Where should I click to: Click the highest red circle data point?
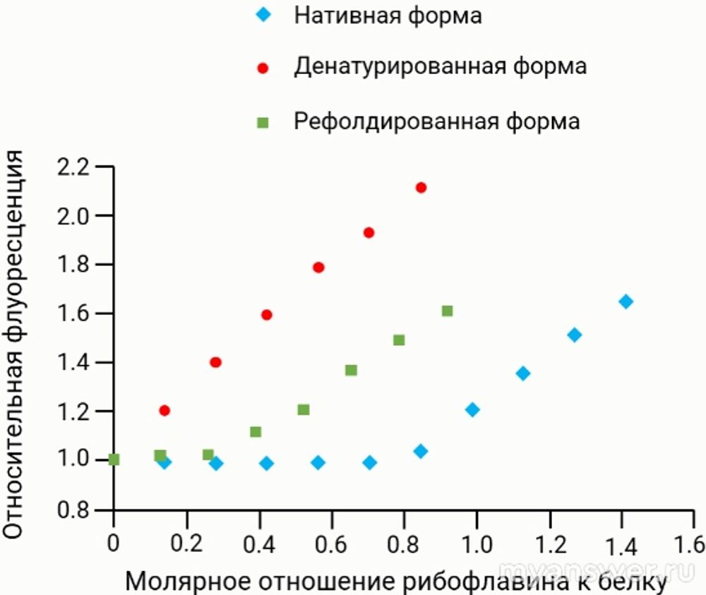click(x=421, y=188)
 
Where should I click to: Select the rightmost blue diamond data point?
click(x=626, y=302)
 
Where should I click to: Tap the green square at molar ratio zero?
click(x=114, y=459)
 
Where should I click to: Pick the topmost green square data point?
click(x=447, y=311)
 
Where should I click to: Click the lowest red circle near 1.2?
click(x=164, y=411)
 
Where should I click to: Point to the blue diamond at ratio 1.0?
click(x=472, y=409)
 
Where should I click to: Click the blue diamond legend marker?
click(x=263, y=15)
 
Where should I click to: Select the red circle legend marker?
click(x=263, y=68)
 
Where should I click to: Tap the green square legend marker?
click(x=263, y=122)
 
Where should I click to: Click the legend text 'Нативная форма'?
click(x=388, y=15)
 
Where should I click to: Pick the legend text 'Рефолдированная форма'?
click(x=437, y=121)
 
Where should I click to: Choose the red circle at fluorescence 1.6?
click(x=267, y=315)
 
